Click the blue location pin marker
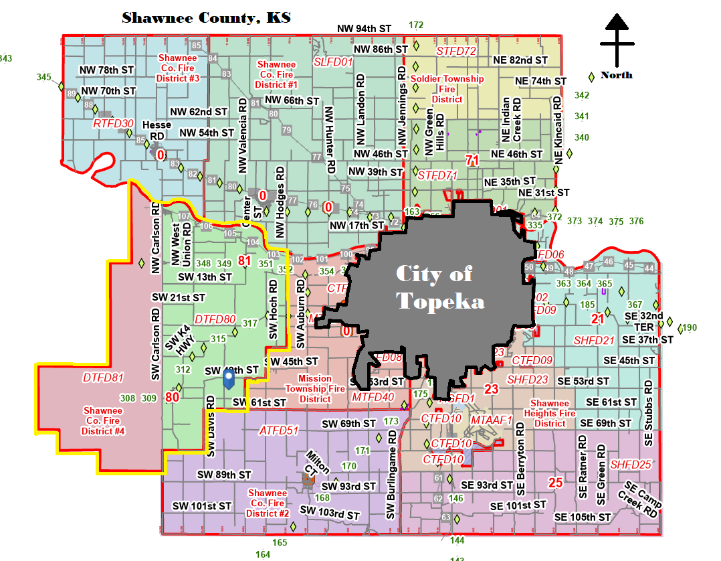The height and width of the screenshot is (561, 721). [x=229, y=380]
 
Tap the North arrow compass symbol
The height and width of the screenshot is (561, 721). [x=617, y=40]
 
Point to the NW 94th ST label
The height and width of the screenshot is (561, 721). [x=365, y=29]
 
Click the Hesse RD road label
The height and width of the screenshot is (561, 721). [x=157, y=131]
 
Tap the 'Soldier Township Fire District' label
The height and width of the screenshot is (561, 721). [x=447, y=89]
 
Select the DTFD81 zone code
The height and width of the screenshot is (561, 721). [x=104, y=378]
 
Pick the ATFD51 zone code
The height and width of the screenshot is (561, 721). [x=279, y=430]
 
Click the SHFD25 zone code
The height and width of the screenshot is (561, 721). [x=631, y=465]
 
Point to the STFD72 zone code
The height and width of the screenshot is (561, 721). [x=456, y=51]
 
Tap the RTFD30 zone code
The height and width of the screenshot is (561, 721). [x=114, y=123]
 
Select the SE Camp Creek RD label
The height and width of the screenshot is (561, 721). [x=642, y=499]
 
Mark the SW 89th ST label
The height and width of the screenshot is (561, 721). [x=224, y=475]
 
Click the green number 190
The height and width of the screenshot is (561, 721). [x=690, y=327]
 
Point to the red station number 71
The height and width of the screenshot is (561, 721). [x=472, y=160]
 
